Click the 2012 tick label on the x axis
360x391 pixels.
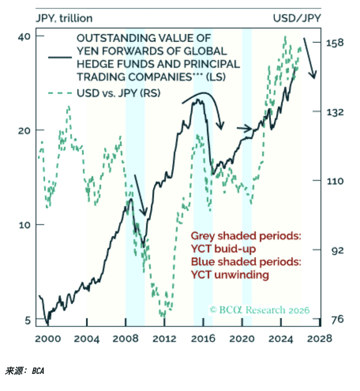(165, 339)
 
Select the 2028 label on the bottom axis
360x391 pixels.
(320, 339)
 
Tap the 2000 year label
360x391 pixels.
(48, 339)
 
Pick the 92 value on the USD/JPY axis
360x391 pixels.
(335, 250)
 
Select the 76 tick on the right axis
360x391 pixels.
(335, 319)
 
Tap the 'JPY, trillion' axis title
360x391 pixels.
(64, 18)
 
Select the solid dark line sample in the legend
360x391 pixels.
(60, 57)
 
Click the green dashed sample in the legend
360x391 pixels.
(60, 93)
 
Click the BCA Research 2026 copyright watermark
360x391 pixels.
(259, 310)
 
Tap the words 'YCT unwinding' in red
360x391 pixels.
(230, 275)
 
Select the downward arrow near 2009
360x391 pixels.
(141, 195)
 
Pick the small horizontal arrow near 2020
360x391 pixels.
(244, 128)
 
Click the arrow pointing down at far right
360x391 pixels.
(310, 58)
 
